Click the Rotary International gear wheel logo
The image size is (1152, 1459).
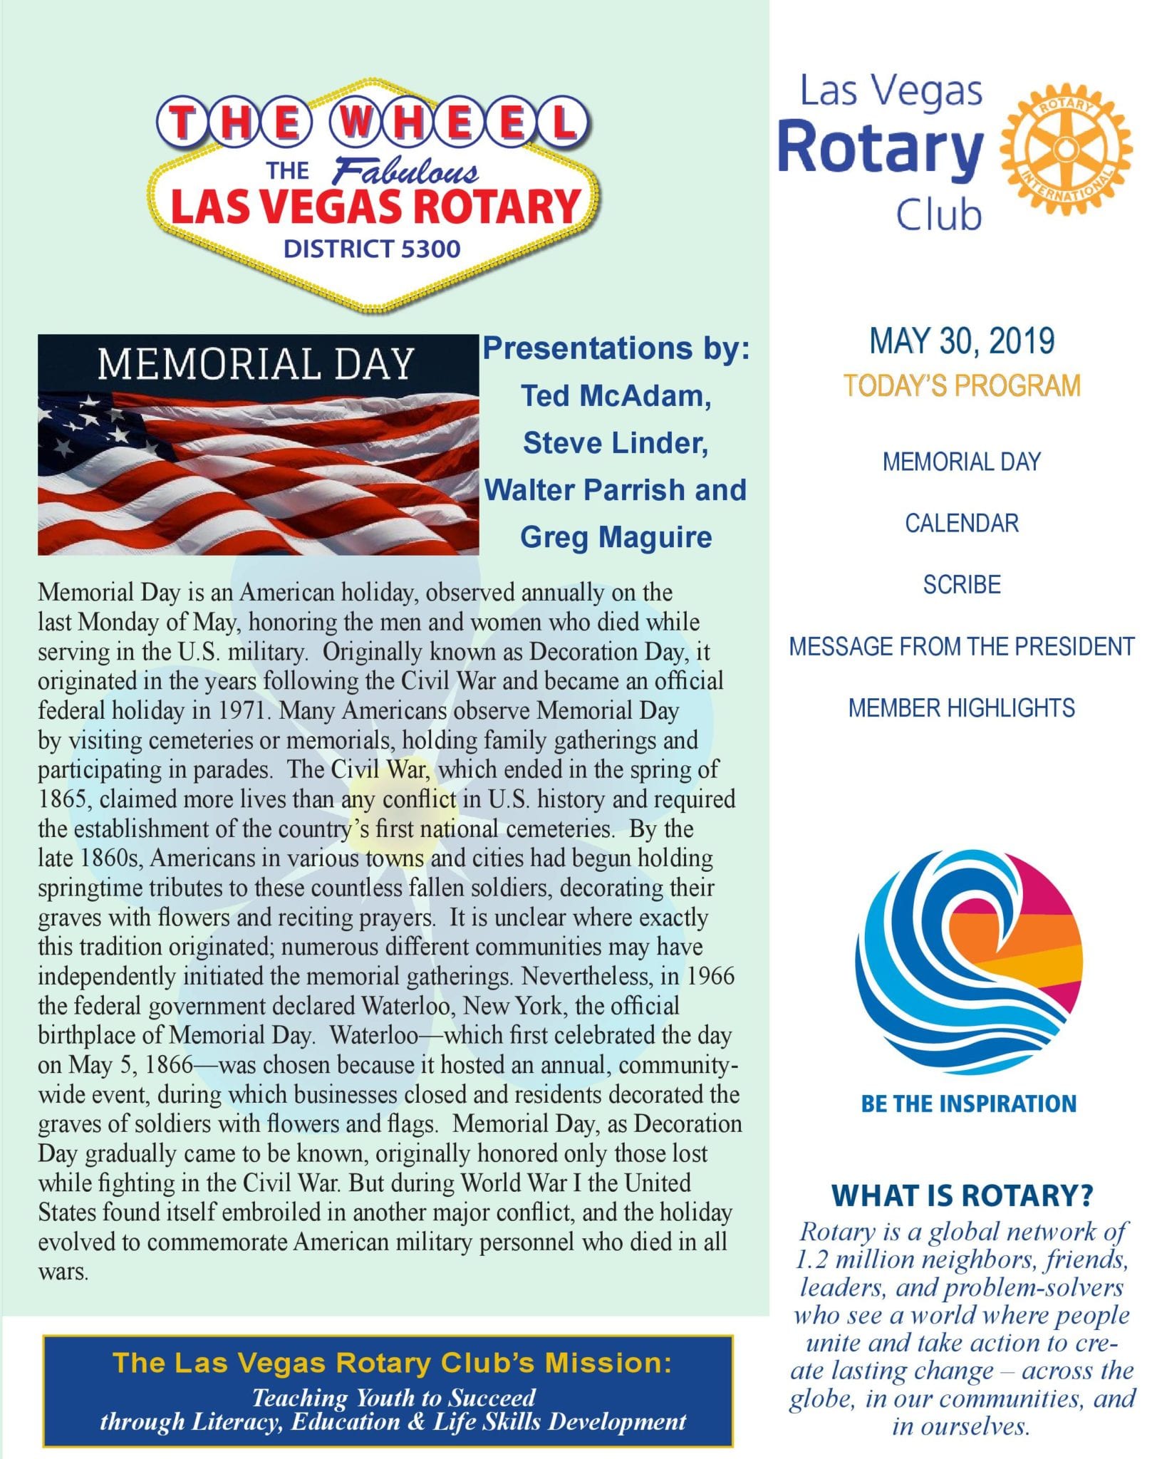point(1065,149)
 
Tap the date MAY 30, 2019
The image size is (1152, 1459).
point(962,341)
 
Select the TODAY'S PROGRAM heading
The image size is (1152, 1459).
point(962,385)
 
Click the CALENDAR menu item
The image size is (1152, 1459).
point(962,524)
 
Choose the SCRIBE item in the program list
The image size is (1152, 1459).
point(962,585)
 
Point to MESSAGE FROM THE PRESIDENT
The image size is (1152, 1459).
point(962,647)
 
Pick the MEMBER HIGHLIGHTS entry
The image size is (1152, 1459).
point(962,708)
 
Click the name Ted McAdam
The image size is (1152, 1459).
point(616,396)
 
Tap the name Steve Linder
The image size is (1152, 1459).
point(616,443)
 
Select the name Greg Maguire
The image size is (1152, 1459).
point(616,537)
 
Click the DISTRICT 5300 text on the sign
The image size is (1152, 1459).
point(372,249)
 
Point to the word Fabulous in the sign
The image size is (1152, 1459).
point(406,171)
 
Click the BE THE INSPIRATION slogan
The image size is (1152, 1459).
point(968,1104)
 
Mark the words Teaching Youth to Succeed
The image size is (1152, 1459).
point(393,1398)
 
